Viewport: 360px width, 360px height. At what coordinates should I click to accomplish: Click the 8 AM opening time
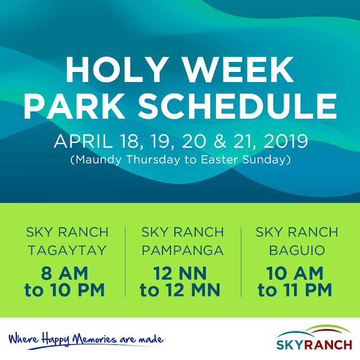(x=65, y=273)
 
